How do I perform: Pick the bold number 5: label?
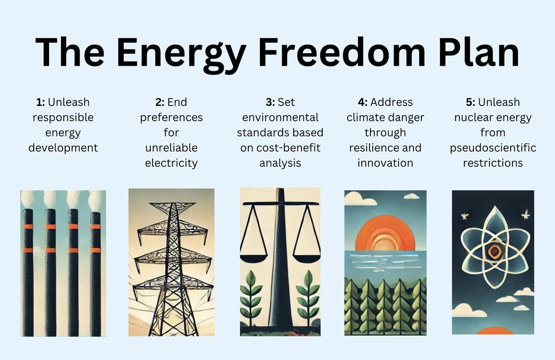tap(472, 102)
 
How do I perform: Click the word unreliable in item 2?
tap(171, 148)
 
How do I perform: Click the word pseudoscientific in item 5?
tap(493, 148)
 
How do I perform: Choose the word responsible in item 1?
tap(63, 118)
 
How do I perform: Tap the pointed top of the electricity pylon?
tap(172, 203)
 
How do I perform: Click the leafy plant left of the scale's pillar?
tap(250, 296)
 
